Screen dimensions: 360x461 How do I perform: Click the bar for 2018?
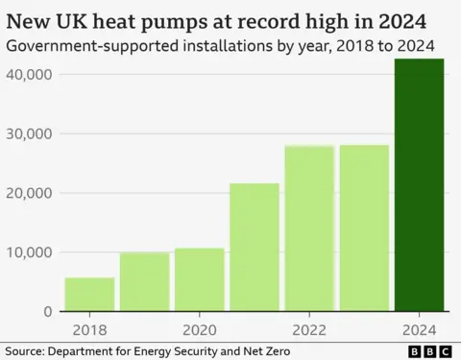[x=89, y=295]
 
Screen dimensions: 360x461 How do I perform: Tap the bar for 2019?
[x=144, y=282]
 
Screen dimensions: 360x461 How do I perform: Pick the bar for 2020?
[x=199, y=280]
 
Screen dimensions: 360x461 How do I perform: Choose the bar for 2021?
[x=255, y=248]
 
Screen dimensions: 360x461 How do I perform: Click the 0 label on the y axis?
[x=47, y=312]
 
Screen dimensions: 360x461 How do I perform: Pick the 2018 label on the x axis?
[x=89, y=326]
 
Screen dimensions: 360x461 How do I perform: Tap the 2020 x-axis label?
[x=199, y=326]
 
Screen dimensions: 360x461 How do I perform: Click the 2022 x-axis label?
[x=309, y=326]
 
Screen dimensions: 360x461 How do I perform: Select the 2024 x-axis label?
[x=420, y=326]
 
